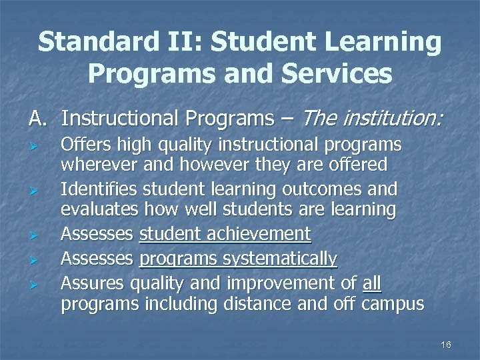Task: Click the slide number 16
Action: (446, 345)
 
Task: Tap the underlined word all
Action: (372, 283)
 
